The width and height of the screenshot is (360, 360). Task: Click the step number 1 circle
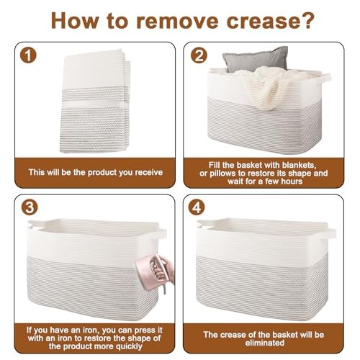tap(28, 55)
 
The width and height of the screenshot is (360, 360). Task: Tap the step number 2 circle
tap(199, 55)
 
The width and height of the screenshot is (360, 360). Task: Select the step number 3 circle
tap(30, 207)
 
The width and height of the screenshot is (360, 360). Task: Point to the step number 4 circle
tap(197, 207)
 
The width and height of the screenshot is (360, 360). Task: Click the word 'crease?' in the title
tap(271, 21)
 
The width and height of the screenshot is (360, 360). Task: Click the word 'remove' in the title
tap(177, 21)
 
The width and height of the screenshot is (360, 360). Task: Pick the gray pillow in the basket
tap(256, 59)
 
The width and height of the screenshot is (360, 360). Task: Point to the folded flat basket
tap(95, 101)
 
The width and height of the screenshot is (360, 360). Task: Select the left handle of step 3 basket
tap(31, 225)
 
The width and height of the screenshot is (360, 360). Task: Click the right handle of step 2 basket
tap(325, 78)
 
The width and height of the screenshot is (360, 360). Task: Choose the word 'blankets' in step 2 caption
tap(300, 165)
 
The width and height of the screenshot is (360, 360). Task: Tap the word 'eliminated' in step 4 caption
tap(265, 343)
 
